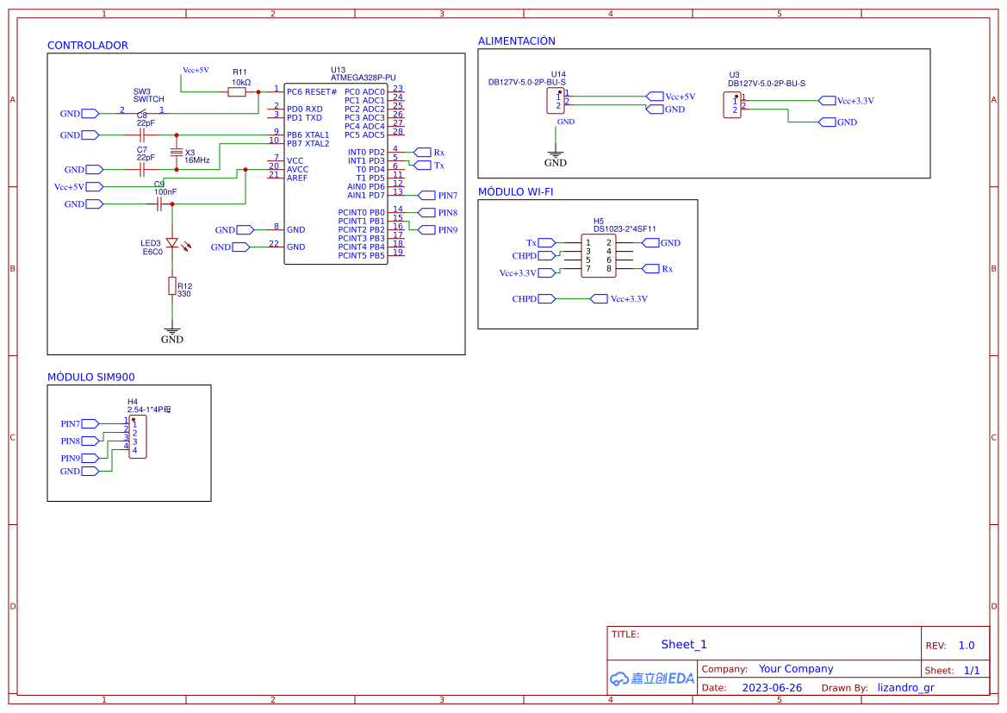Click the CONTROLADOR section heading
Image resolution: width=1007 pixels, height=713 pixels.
87,46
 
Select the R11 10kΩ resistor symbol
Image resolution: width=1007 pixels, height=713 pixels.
237,91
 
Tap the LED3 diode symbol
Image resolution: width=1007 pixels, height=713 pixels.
172,244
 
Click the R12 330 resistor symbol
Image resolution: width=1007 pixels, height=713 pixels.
172,286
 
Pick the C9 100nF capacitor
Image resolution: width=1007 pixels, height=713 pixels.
159,204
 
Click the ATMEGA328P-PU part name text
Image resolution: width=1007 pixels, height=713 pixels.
363,78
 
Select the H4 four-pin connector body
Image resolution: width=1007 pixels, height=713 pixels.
137,436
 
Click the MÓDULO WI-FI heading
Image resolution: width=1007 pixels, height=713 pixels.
515,192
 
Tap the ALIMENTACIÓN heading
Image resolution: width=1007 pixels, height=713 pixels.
516,41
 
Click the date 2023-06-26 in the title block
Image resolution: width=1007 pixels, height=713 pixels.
772,688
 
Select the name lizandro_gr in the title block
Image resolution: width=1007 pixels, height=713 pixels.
905,688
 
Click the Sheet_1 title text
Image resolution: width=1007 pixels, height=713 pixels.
684,644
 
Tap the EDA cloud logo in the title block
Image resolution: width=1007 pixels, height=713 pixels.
652,679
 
